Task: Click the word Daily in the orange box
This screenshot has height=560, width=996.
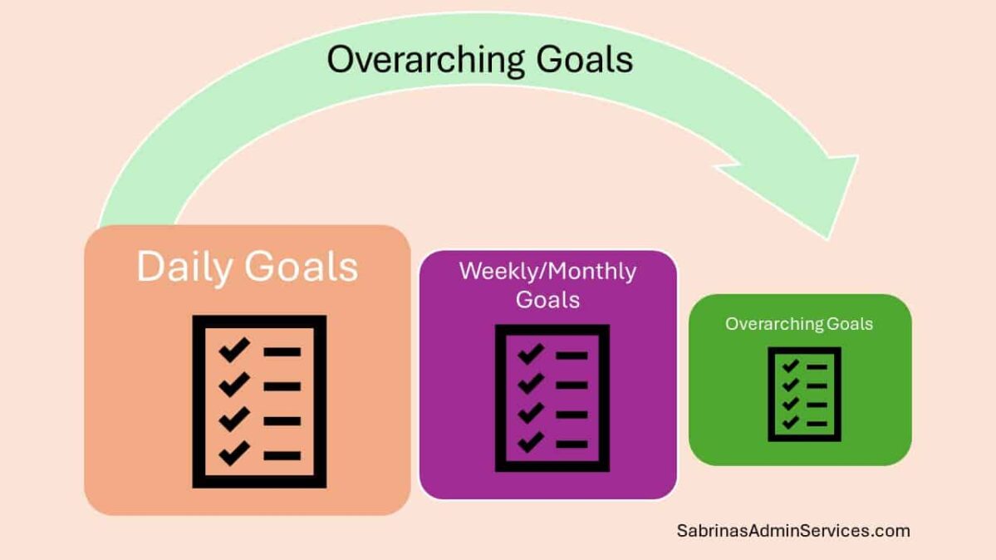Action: click(x=184, y=267)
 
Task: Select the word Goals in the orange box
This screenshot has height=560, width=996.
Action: click(x=302, y=267)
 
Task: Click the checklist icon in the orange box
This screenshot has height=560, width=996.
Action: click(x=259, y=401)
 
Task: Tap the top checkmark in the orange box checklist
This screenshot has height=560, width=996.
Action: click(x=234, y=351)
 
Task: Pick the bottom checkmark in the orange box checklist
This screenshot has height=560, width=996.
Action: click(x=234, y=453)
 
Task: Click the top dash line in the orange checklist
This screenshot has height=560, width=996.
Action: click(x=282, y=352)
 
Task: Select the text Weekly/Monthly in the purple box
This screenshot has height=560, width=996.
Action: click(x=547, y=272)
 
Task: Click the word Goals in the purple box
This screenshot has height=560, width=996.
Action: click(x=547, y=299)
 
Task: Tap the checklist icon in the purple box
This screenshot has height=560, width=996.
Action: click(x=552, y=398)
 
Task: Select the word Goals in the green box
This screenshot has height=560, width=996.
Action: click(x=850, y=324)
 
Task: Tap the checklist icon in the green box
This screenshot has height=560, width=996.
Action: click(x=804, y=394)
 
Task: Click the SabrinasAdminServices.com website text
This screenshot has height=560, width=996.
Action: click(x=792, y=530)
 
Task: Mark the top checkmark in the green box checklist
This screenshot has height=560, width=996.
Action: click(x=790, y=366)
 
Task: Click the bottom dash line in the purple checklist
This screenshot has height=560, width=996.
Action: click(x=572, y=444)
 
